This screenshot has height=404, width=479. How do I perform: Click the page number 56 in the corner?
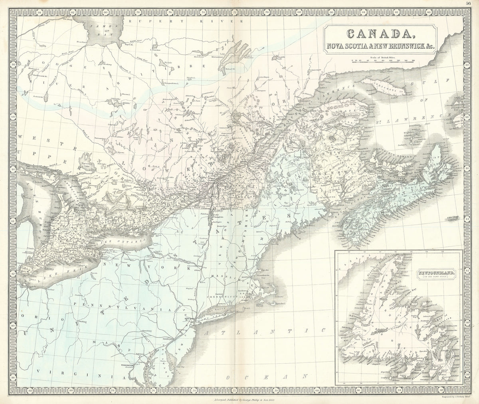(473, 3)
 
